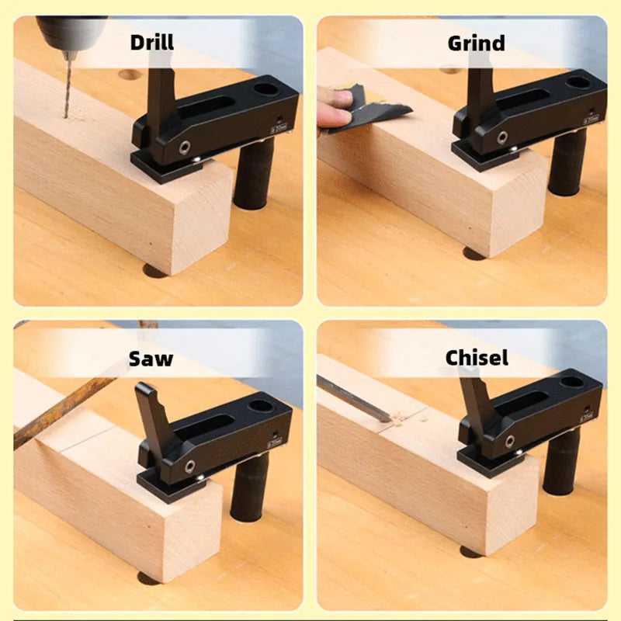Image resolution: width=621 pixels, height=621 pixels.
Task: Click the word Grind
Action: [x=475, y=42]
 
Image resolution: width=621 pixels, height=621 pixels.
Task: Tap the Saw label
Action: [x=151, y=359]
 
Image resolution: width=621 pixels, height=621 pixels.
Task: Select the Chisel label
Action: [x=477, y=357]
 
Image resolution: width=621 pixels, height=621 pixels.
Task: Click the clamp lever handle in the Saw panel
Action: [x=152, y=411]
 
